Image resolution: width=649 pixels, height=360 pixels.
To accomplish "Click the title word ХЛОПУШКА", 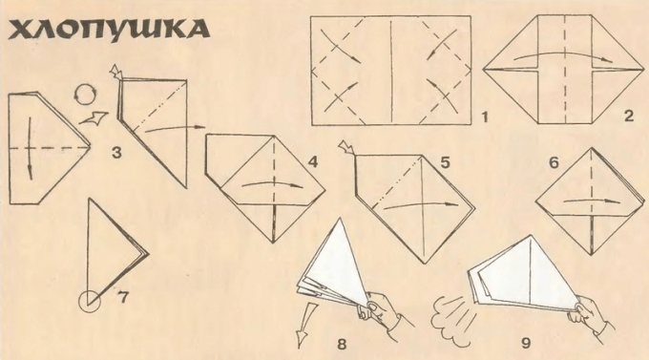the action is (x=109, y=30).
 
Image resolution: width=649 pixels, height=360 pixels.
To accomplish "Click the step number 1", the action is (x=484, y=117).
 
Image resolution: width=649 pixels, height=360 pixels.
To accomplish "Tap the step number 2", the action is (x=629, y=116).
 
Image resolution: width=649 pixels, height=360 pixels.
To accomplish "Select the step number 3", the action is (x=116, y=153).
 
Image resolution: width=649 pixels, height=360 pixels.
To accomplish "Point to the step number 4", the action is (x=313, y=162).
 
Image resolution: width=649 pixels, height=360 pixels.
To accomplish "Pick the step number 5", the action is (x=445, y=162).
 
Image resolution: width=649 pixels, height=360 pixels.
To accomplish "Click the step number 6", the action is (x=554, y=162).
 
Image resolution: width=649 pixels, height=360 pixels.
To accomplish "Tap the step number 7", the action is (x=123, y=297).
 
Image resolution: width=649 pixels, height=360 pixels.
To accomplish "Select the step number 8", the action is (x=342, y=344).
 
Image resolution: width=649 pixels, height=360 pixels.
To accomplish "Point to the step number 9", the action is (x=526, y=343).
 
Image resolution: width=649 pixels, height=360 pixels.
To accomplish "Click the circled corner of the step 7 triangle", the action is (x=89, y=301).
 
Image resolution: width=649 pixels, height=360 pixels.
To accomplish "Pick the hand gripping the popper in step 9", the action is (x=590, y=318).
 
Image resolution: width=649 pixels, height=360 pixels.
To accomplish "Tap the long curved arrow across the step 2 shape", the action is (x=565, y=53).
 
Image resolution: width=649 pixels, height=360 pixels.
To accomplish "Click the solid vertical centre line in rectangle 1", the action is (x=391, y=71).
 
